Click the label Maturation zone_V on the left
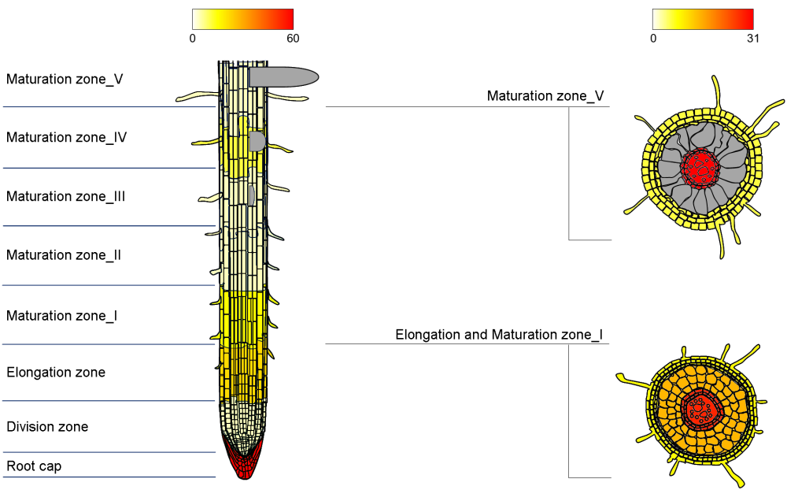click(x=65, y=79)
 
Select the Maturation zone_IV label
click(x=67, y=137)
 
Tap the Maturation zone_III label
click(x=66, y=196)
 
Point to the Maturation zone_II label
click(x=64, y=255)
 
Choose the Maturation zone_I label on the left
click(x=62, y=316)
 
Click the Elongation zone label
click(x=56, y=372)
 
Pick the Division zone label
click(x=47, y=427)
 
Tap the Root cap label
click(x=34, y=466)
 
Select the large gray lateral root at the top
click(x=285, y=76)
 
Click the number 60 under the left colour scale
click(x=292, y=38)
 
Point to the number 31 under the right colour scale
click(x=752, y=38)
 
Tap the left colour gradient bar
click(x=242, y=19)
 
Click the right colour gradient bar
click(x=703, y=19)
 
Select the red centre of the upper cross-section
click(x=700, y=166)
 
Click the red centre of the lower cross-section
click(x=699, y=409)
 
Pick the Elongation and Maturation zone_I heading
click(x=499, y=335)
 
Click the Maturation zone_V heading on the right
click(x=545, y=96)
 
